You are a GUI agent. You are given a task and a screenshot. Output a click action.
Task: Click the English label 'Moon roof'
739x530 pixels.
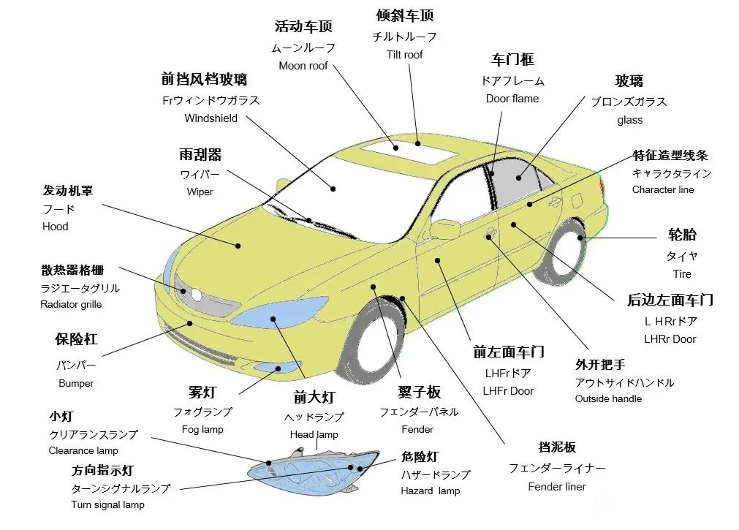[303, 66]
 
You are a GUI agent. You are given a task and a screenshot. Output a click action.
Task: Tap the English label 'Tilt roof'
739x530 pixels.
[404, 54]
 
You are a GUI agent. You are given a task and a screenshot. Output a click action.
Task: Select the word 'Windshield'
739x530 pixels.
[211, 118]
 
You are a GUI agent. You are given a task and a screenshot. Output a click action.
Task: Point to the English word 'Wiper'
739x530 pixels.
[200, 192]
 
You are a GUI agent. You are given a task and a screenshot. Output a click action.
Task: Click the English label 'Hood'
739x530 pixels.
[55, 227]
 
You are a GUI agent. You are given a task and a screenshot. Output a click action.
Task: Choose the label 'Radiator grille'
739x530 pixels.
[71, 304]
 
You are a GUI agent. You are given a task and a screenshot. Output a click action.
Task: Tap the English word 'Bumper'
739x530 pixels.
[76, 383]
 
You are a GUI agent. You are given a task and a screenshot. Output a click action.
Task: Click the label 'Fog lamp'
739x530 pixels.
[202, 429]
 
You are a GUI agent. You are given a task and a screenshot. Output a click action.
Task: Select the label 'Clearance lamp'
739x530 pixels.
[83, 450]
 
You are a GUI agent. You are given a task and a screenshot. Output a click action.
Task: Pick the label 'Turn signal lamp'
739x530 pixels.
[107, 504]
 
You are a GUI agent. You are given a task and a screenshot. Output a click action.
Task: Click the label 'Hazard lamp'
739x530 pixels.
[430, 491]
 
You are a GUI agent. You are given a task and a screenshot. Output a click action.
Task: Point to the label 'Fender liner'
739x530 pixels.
[557, 486]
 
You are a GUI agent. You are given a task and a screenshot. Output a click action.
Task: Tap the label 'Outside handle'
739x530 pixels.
[608, 398]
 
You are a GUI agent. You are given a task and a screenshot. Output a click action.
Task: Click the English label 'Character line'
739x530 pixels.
[663, 189]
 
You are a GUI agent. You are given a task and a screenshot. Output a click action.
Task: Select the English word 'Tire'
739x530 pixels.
[682, 274]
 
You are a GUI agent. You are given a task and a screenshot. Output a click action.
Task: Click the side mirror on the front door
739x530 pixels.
[445, 229]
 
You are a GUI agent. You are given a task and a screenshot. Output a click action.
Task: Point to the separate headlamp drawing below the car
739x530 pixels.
[314, 467]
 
